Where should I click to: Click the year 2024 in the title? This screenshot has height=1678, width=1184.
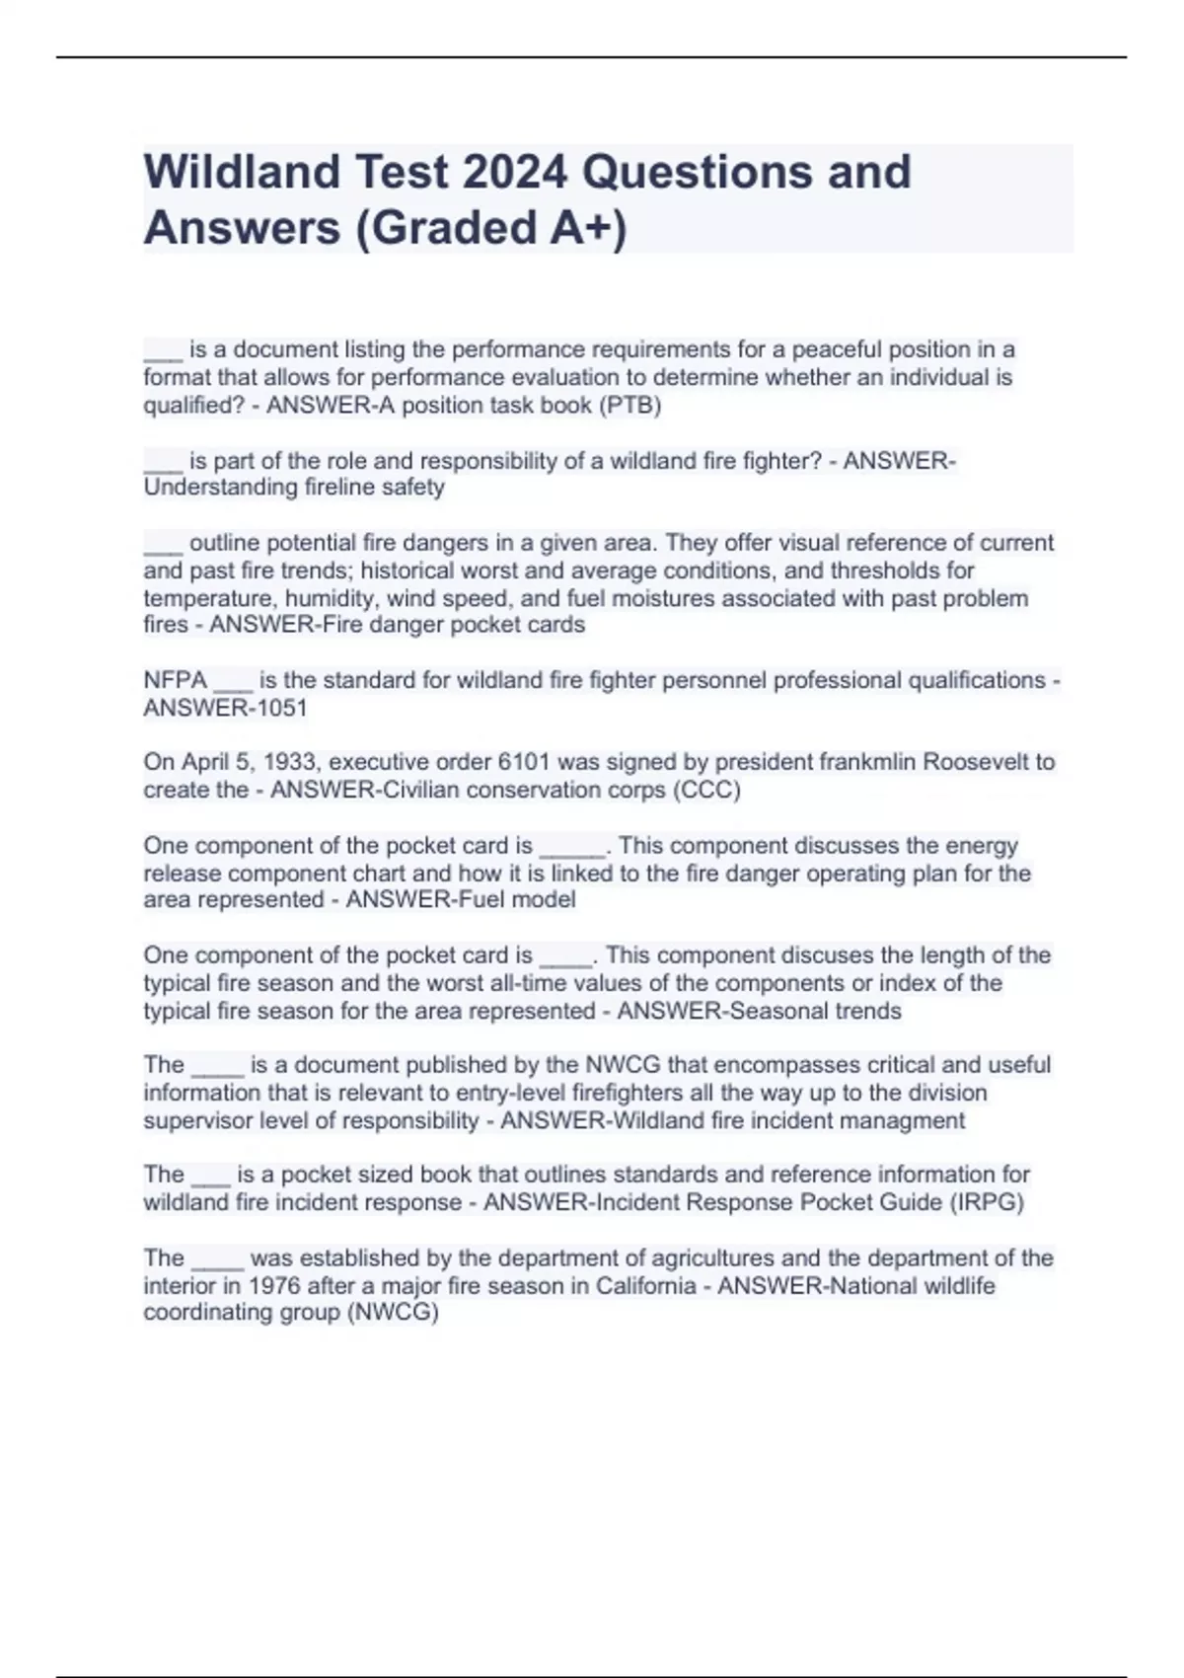point(513,172)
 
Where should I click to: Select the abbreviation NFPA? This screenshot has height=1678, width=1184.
point(175,680)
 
